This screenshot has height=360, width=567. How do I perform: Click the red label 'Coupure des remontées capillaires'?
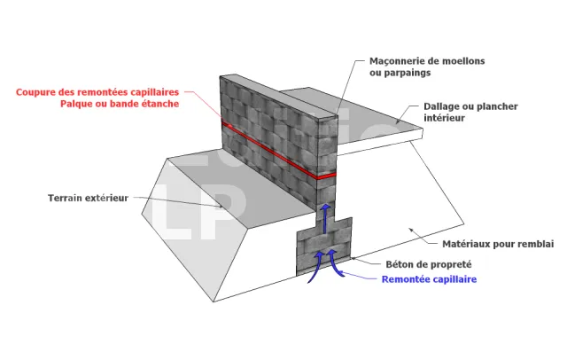pos(97,91)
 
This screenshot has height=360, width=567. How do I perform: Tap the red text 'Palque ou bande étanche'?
pos(120,104)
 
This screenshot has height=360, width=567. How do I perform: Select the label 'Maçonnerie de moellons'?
pos(427,61)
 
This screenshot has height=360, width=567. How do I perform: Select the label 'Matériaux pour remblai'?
pos(499,243)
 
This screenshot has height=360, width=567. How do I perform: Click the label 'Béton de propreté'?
pos(428,264)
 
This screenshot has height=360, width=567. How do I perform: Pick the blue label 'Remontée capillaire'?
pos(429,279)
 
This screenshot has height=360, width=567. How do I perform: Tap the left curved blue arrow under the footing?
pos(316,266)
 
